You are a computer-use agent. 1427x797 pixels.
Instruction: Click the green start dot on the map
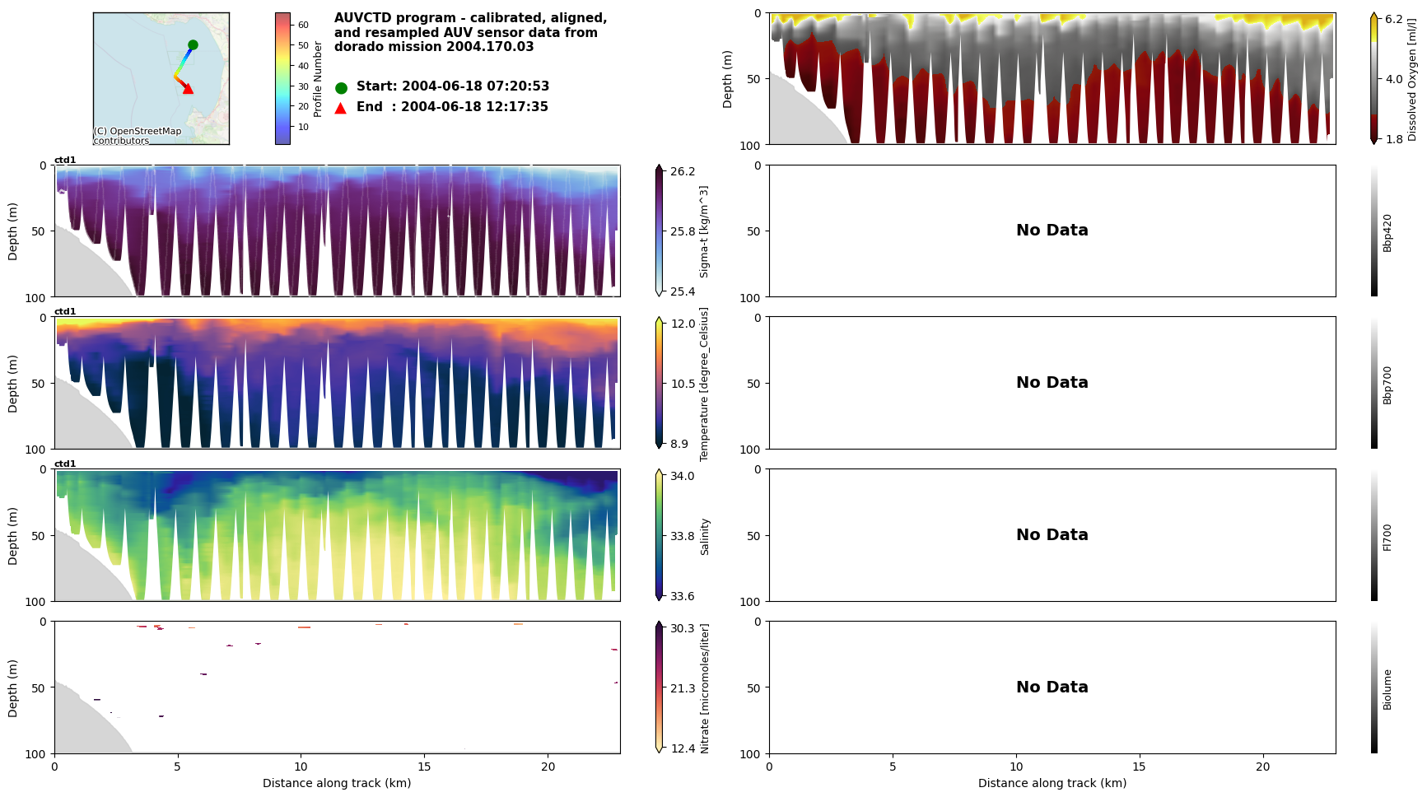193,45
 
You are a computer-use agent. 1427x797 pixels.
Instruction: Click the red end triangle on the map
188,89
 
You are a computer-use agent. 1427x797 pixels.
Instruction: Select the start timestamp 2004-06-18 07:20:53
475,86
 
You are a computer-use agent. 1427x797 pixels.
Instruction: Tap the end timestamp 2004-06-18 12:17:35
474,107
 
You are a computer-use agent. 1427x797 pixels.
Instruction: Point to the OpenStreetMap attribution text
137,136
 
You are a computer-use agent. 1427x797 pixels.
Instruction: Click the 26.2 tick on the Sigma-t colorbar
683,171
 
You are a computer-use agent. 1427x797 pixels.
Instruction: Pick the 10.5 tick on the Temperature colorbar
683,384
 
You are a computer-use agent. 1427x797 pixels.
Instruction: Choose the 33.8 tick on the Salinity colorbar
683,536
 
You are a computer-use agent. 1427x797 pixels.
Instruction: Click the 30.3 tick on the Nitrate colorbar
683,628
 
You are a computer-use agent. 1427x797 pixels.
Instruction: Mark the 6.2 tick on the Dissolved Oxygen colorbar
1394,19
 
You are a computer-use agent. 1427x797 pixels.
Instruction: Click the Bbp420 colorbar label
1387,232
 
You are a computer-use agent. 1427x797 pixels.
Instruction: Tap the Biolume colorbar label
1387,689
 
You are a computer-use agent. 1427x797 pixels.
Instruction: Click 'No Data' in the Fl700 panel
1052,535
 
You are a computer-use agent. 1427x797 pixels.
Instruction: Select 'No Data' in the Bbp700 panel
1052,383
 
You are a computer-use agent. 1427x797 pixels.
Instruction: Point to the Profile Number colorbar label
318,79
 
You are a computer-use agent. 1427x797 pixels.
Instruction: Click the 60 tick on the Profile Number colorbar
303,25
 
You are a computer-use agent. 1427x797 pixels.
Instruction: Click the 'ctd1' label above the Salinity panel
65,464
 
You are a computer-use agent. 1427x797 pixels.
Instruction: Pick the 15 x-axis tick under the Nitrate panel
424,767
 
